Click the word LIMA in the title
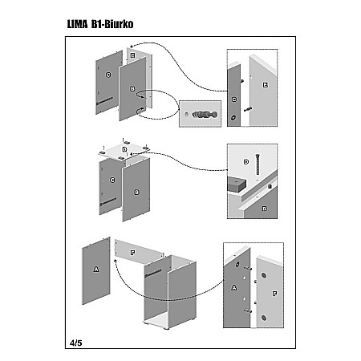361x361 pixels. coord(77,24)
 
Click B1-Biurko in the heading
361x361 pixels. coord(112,24)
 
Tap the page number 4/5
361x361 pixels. coord(76,343)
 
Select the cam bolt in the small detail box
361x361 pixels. coord(205,115)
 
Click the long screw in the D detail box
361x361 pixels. coord(258,164)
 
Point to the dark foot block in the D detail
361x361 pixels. coord(237,185)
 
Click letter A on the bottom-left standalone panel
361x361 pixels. coord(96,270)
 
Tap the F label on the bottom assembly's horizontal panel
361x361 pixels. coord(132,253)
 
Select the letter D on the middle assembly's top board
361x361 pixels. coord(124,149)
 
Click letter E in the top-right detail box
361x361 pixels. coord(266,85)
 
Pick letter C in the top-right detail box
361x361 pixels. coord(234,99)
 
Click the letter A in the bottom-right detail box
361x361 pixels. coord(234,288)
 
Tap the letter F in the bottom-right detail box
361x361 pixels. coord(274,294)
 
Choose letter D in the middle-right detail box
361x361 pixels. coord(246,161)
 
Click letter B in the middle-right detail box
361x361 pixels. coord(265,209)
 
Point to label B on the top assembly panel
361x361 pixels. coord(132,89)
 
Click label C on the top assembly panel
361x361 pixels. coord(108,75)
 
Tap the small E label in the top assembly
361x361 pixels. coord(132,55)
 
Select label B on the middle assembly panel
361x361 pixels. coord(136,193)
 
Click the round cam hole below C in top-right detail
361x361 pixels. coord(233,118)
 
